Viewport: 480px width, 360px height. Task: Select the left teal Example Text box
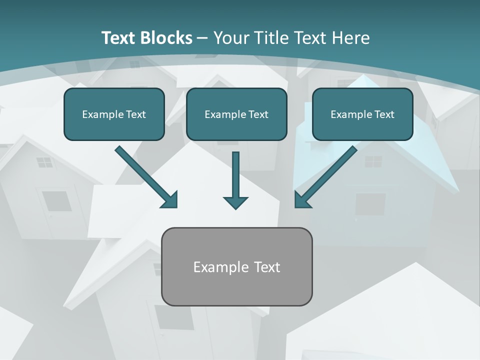114,114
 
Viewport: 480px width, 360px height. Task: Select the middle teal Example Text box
236,114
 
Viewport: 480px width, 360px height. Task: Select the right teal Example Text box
362,114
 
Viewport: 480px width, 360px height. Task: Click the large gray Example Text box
236,267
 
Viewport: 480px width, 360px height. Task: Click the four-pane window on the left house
44,162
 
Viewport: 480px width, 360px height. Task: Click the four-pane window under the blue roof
373,161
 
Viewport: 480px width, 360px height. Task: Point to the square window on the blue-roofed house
370,204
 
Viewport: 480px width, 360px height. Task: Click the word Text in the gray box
267,267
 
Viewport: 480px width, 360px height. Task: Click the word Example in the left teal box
98,114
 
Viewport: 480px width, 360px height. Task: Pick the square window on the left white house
56,201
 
